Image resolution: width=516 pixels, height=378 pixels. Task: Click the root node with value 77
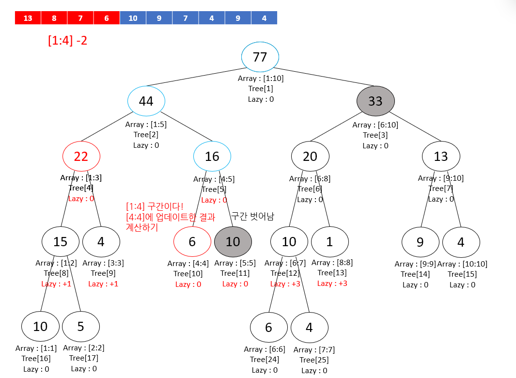point(260,57)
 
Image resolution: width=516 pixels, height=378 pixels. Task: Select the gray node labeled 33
point(375,101)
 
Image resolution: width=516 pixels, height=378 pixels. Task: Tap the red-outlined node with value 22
point(81,156)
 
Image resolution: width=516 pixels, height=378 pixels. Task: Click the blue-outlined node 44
point(146,101)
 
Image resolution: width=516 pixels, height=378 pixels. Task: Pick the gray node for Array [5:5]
point(233,241)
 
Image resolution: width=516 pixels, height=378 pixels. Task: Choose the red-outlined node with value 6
point(192,241)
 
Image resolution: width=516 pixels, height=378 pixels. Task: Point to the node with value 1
point(329,241)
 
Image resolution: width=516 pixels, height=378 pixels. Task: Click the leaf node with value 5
point(80,326)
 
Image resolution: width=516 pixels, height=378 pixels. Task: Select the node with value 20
point(310,156)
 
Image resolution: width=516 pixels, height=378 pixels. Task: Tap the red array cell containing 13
point(28,18)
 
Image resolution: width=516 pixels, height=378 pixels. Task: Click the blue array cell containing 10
point(133,18)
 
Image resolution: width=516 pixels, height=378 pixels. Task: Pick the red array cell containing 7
point(80,18)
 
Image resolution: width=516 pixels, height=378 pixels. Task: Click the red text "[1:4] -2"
point(67,40)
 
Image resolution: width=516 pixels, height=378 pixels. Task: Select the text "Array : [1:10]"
point(261,78)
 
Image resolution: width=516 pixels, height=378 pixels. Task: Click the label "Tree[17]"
point(84,358)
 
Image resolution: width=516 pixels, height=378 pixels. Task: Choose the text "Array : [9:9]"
point(415,264)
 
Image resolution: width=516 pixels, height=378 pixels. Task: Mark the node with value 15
point(60,241)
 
